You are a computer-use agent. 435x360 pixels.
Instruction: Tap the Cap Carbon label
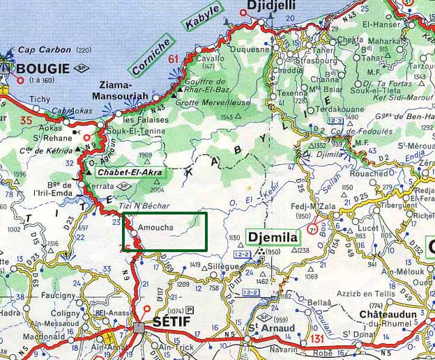[x=46, y=50]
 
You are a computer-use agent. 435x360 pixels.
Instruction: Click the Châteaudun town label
[x=387, y=316]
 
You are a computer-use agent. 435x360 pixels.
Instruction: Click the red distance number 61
[x=174, y=58]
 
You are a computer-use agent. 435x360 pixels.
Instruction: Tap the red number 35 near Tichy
[x=26, y=121]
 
